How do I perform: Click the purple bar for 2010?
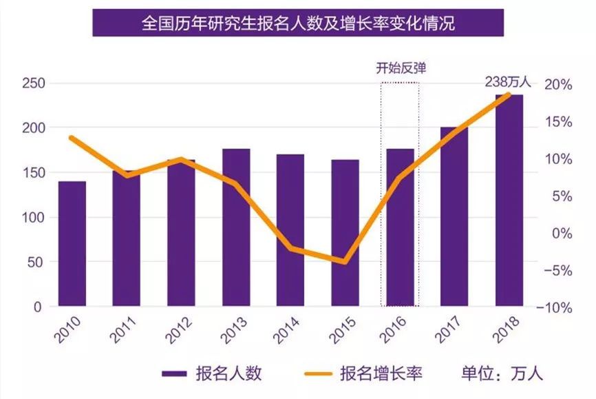click(x=72, y=244)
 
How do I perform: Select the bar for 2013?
click(x=236, y=227)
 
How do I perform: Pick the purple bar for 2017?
click(x=454, y=217)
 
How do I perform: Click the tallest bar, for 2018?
click(x=509, y=200)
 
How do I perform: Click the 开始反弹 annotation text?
click(x=400, y=68)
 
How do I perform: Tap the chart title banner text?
click(x=298, y=23)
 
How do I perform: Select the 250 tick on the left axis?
click(x=34, y=83)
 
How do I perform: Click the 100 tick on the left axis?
click(x=34, y=218)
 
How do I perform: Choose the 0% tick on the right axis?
click(x=560, y=234)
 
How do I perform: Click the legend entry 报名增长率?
click(x=381, y=374)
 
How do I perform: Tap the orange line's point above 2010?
click(x=72, y=138)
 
